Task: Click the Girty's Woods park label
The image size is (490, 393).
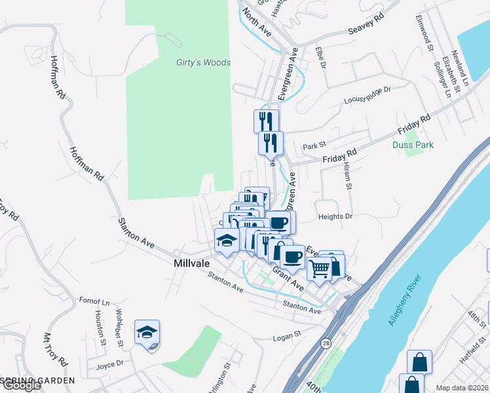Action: tap(203, 63)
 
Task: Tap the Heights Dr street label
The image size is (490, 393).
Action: tap(335, 216)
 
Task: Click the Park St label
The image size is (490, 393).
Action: tap(314, 146)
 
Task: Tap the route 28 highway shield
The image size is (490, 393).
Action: tap(326, 343)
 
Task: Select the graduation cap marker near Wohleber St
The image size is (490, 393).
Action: tap(147, 331)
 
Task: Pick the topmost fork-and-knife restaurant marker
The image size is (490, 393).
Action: tap(266, 121)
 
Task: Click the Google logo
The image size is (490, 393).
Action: tap(21, 385)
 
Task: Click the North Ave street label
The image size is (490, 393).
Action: tap(255, 21)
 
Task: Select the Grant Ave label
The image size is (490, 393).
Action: tap(289, 278)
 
